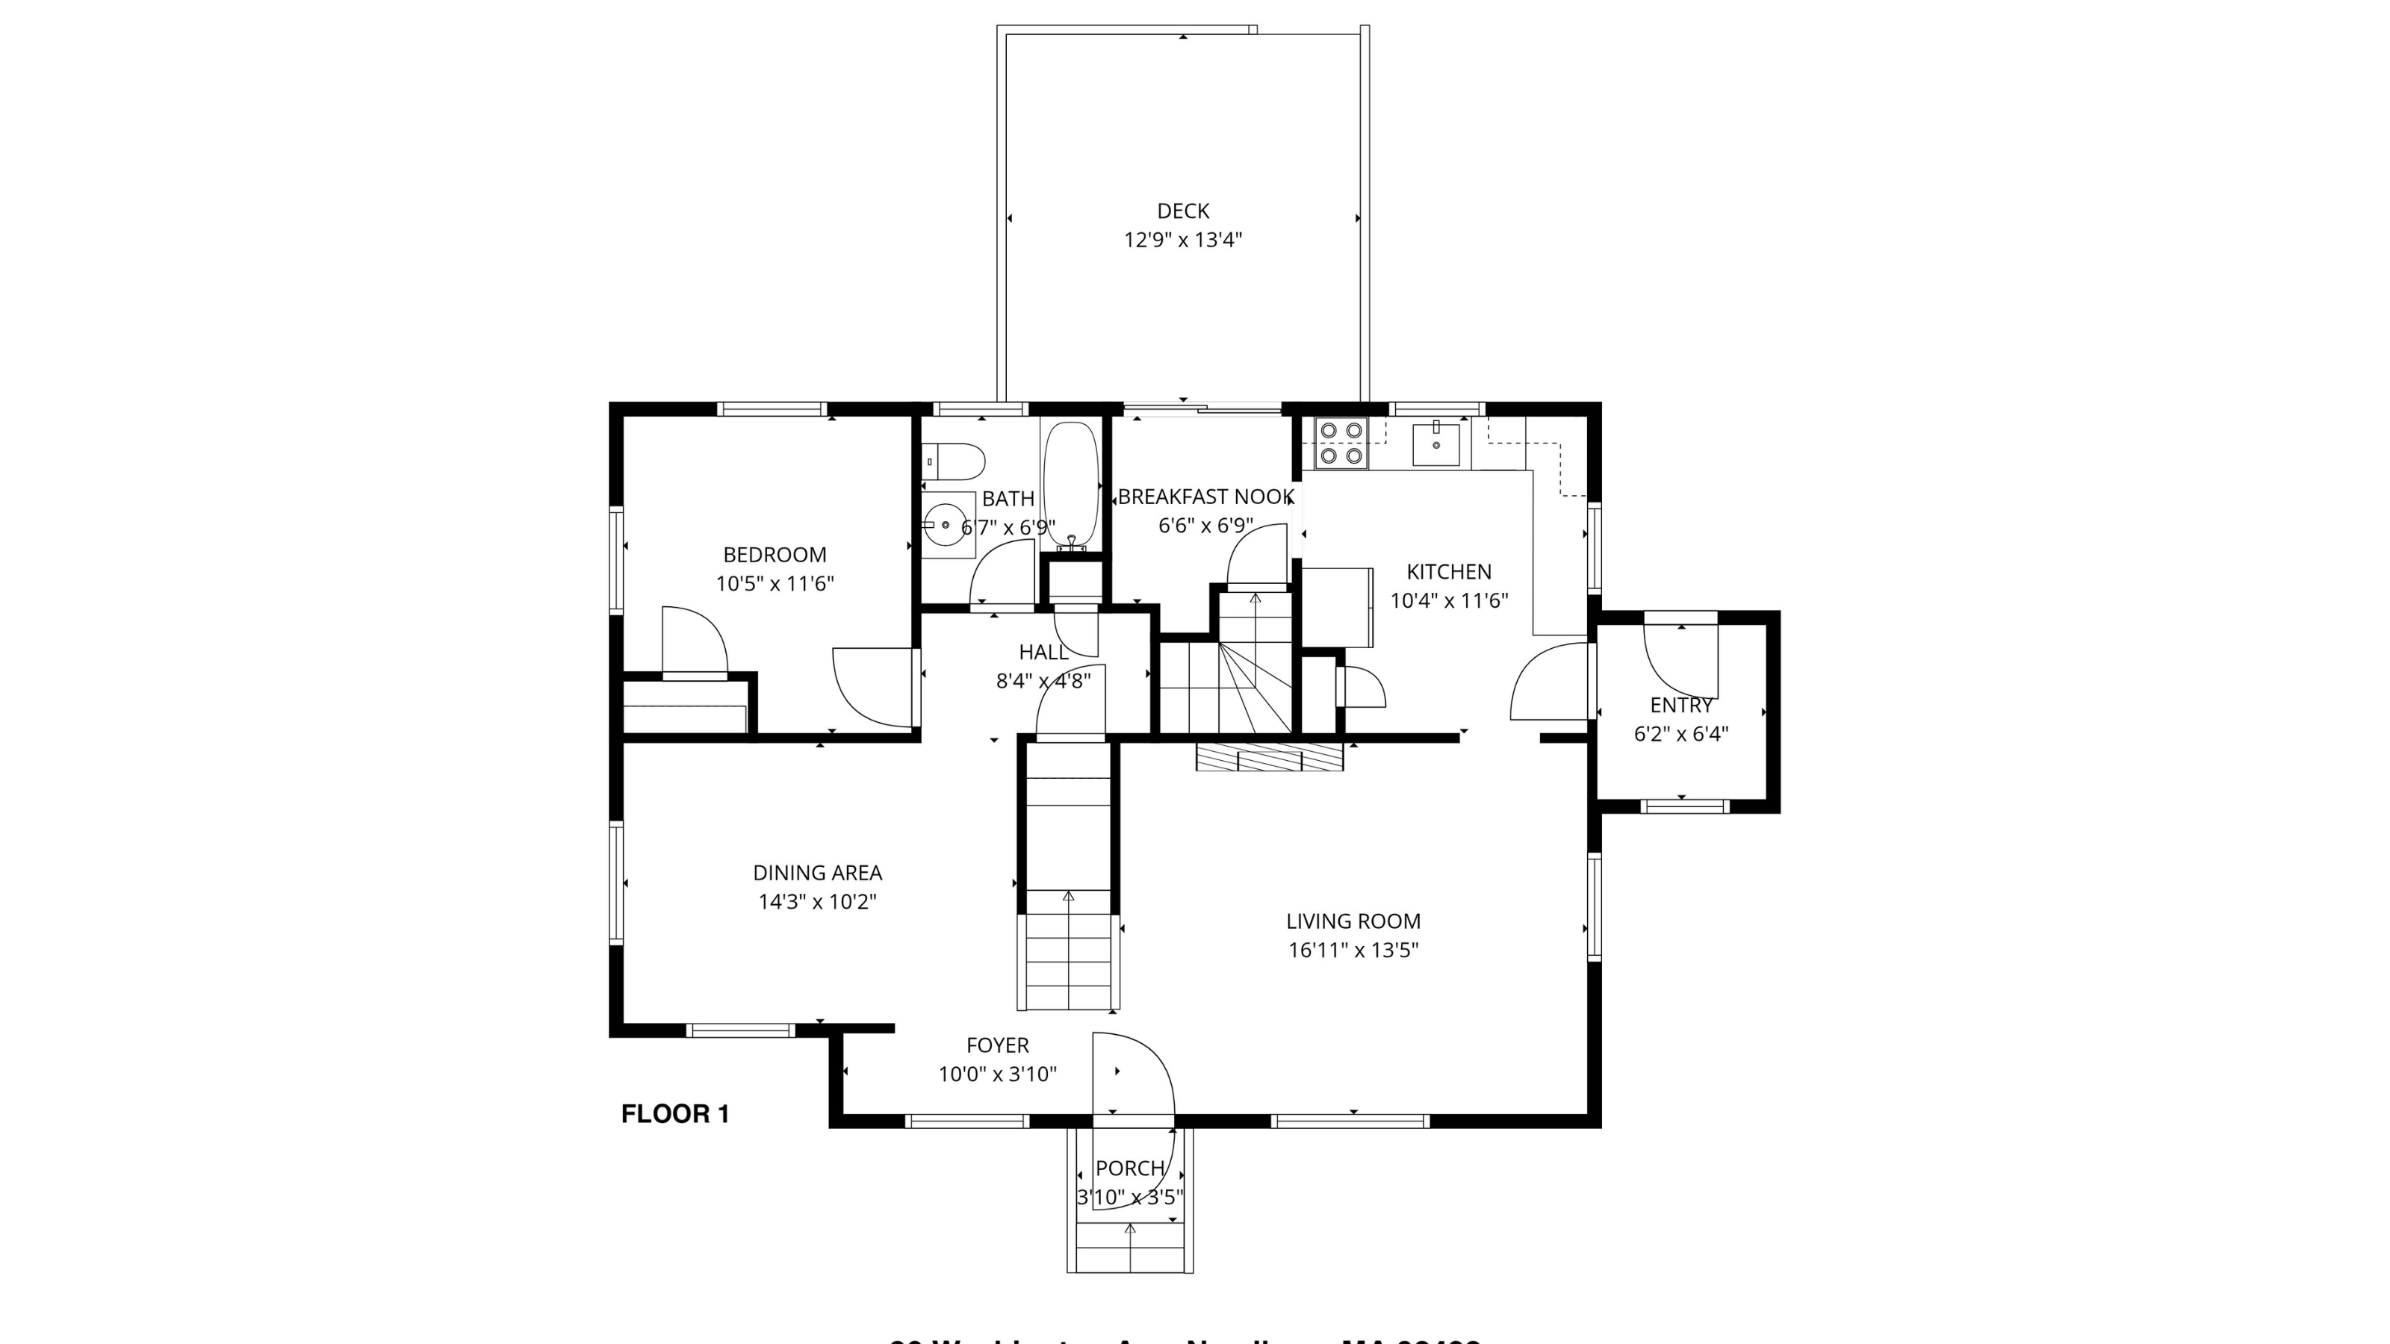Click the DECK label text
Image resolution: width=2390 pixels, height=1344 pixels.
pos(1182,211)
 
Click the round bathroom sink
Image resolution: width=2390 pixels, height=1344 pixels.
pos(947,525)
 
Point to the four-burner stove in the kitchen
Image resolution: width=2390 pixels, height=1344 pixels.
pos(1341,443)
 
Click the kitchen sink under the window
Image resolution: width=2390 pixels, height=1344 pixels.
pos(1435,444)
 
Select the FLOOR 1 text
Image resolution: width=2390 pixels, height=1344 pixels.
pos(674,1114)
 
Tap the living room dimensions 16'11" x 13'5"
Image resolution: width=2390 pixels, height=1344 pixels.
pos(1353,950)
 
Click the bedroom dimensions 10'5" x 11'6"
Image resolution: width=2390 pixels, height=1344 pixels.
pos(774,583)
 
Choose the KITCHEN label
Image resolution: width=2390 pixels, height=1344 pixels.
pos(1448,571)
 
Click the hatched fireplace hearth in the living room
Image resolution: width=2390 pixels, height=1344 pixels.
pos(1269,757)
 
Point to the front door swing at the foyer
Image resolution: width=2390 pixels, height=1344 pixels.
pos(1134,1076)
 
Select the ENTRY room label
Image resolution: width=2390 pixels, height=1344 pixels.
pos(1680,705)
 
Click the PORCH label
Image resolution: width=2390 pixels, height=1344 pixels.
pos(1129,1168)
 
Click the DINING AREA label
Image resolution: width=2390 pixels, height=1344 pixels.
pos(816,873)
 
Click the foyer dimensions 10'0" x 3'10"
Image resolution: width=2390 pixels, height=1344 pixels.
pos(996,1074)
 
